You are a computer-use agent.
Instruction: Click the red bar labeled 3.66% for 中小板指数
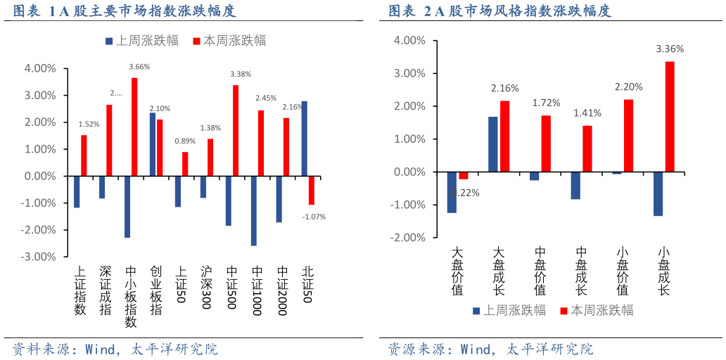[x=134, y=127]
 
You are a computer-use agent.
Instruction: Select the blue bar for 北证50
[x=304, y=139]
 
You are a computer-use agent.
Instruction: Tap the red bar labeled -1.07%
[x=312, y=190]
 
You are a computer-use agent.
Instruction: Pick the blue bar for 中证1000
[x=253, y=210]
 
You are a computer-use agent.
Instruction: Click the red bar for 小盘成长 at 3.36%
[x=670, y=117]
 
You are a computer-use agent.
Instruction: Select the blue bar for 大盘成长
[x=492, y=144]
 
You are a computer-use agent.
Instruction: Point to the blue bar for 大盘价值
[x=452, y=192]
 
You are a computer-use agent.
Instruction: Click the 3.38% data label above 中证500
[x=241, y=74]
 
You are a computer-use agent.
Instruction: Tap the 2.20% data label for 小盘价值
[x=628, y=86]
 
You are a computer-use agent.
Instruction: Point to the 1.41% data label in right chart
[x=587, y=112]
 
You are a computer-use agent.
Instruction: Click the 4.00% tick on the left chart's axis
[x=40, y=69]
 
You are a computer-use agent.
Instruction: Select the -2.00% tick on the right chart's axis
[x=409, y=238]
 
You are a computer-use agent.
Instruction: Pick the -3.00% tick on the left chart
[x=40, y=257]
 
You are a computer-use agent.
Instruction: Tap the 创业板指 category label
[x=155, y=290]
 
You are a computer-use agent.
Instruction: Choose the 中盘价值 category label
[x=540, y=271]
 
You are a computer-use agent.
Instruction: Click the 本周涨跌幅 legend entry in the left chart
[x=229, y=41]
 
